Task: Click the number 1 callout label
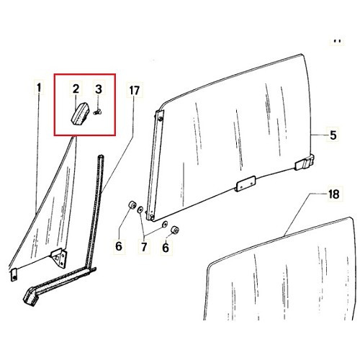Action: (x=39, y=89)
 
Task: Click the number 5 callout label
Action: (x=333, y=135)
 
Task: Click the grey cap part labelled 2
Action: (x=78, y=113)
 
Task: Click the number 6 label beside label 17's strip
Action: (x=120, y=248)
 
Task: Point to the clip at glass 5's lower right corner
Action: (x=306, y=163)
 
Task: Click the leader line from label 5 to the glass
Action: (x=320, y=135)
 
